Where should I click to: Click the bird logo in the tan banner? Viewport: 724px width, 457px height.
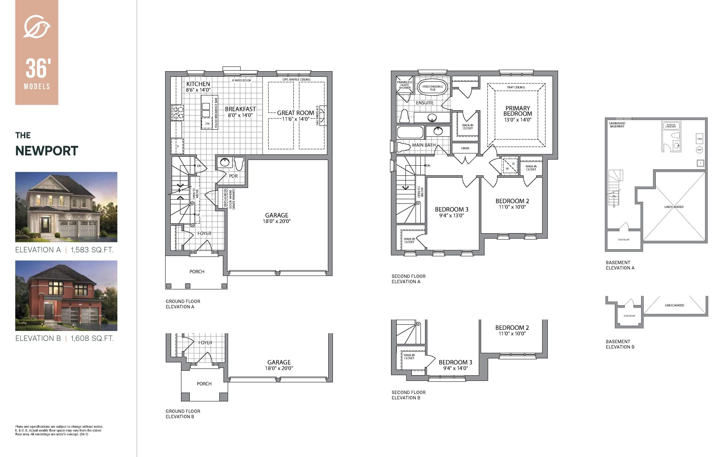tap(37, 27)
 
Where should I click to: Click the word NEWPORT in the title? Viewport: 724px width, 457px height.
tap(47, 151)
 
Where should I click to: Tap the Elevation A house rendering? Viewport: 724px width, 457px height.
tap(66, 207)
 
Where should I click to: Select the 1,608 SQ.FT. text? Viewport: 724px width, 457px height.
tap(92, 338)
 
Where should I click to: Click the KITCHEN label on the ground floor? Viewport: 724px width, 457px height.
tap(198, 84)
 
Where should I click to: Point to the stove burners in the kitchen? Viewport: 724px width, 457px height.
tap(177, 112)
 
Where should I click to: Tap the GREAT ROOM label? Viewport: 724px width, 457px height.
tap(295, 113)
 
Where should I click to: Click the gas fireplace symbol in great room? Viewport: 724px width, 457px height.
tap(323, 115)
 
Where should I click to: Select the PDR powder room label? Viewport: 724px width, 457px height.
tap(233, 176)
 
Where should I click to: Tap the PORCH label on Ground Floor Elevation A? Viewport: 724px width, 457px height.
tap(197, 272)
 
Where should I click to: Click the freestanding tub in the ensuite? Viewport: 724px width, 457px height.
tap(432, 87)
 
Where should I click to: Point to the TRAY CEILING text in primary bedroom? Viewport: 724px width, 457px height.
tap(516, 87)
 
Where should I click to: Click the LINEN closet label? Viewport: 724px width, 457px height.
tap(465, 148)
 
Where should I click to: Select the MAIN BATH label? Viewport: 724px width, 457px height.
tap(423, 145)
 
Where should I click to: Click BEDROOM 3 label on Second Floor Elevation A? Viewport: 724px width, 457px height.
tap(451, 209)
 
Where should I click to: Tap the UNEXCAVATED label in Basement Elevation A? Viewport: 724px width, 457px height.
tap(674, 207)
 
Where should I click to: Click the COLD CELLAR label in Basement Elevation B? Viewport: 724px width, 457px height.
tap(629, 316)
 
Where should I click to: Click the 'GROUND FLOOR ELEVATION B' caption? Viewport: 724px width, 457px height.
tap(182, 414)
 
